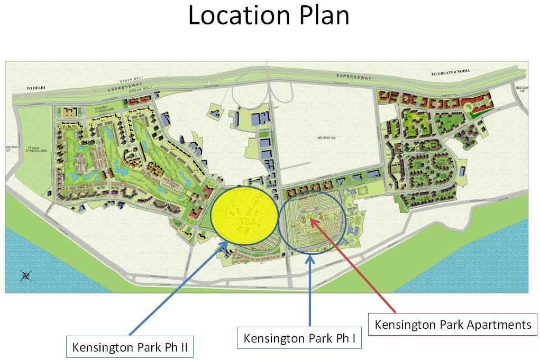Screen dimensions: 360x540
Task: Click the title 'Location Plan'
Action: click(x=269, y=16)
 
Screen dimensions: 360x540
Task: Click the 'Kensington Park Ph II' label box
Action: click(x=130, y=348)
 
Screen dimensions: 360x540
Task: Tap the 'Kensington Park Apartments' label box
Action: click(x=453, y=324)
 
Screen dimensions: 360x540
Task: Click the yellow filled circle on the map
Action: click(x=244, y=213)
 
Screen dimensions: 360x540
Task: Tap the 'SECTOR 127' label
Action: click(x=11, y=149)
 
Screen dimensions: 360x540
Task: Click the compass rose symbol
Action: click(x=25, y=275)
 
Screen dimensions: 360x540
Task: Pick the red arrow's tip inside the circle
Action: click(x=313, y=220)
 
